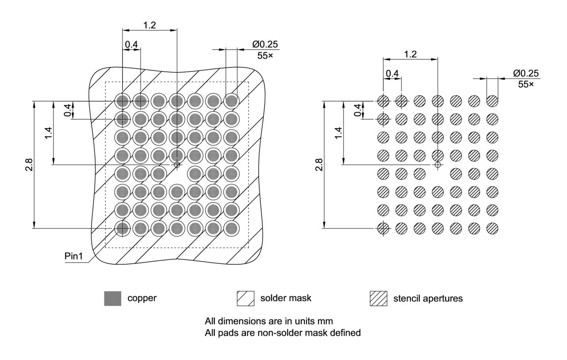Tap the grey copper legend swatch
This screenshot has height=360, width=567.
[x=112, y=298]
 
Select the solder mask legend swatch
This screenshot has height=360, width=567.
[x=245, y=298]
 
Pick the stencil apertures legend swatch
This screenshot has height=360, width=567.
[x=378, y=298]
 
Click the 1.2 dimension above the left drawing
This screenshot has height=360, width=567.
[x=149, y=25]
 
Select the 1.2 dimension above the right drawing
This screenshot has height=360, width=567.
[x=410, y=54]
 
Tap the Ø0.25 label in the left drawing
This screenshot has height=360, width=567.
[x=265, y=45]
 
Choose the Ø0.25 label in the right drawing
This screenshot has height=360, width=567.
[x=526, y=73]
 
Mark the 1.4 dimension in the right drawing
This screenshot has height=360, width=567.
[x=338, y=133]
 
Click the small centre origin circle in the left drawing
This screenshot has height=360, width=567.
[x=177, y=165]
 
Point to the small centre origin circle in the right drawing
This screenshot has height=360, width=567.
[x=438, y=165]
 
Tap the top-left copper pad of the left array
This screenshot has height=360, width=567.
[x=123, y=102]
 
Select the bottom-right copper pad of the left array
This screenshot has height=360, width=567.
[x=231, y=228]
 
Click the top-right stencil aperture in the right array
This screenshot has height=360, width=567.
[x=492, y=102]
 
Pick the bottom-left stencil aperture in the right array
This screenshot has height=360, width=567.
[x=384, y=228]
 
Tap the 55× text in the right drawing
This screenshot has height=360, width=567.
[x=526, y=84]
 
